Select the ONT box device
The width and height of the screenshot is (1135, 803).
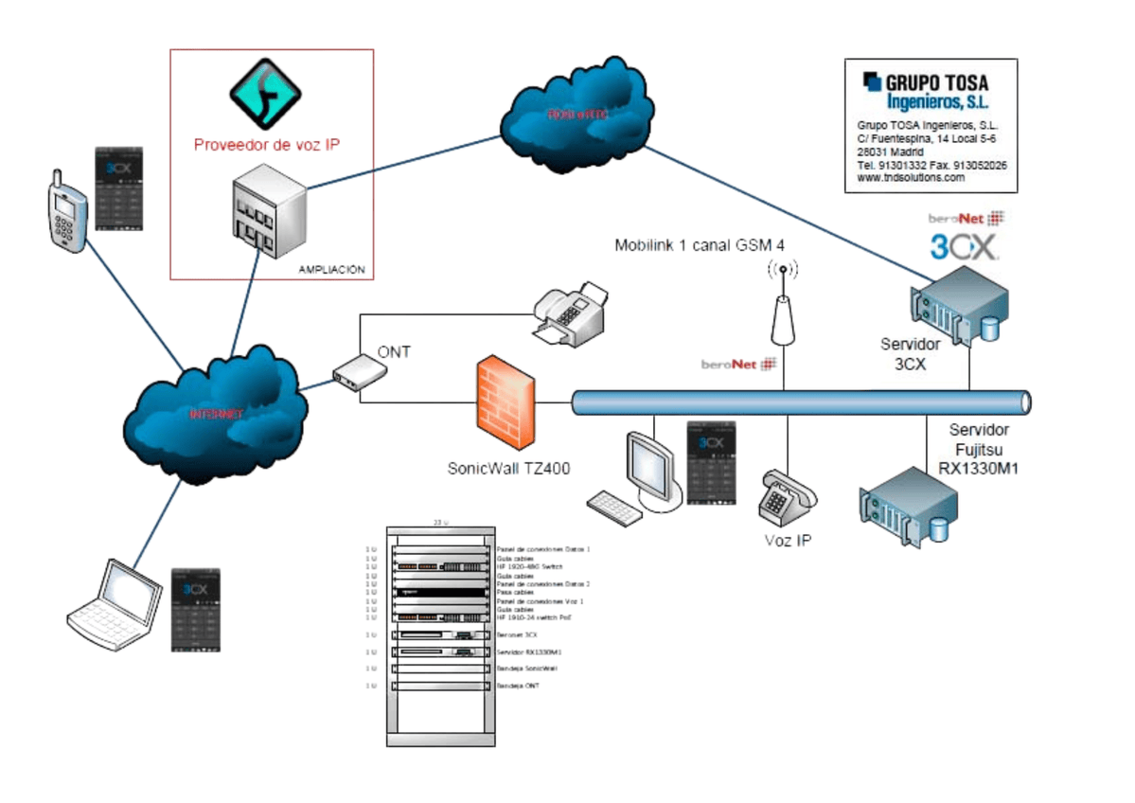[359, 375]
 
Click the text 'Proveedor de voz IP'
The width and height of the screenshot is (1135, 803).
[266, 145]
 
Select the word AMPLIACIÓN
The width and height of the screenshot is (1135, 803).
[330, 270]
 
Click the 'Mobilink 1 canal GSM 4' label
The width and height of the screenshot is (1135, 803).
[700, 246]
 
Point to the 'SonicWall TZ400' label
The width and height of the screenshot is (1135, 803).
[509, 468]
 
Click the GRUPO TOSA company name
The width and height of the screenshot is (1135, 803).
[938, 82]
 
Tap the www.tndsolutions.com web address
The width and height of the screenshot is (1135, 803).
[911, 178]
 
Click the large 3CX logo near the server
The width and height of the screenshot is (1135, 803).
[963, 248]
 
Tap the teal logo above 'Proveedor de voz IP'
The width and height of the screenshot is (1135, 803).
[265, 93]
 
